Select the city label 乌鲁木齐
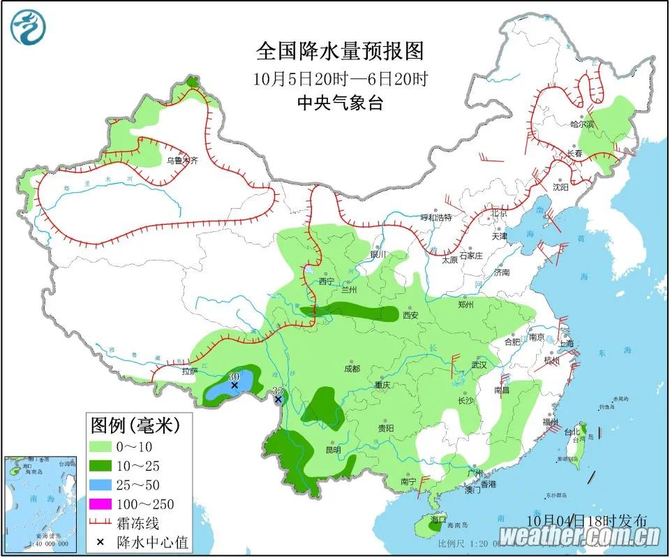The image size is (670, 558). [x=181, y=161]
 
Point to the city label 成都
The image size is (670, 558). [x=352, y=369]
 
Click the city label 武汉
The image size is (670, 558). [x=478, y=365]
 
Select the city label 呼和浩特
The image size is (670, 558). [x=436, y=217]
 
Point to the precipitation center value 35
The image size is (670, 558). [x=277, y=390]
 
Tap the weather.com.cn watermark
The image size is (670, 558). [x=580, y=536]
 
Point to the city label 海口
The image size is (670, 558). [x=438, y=520]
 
